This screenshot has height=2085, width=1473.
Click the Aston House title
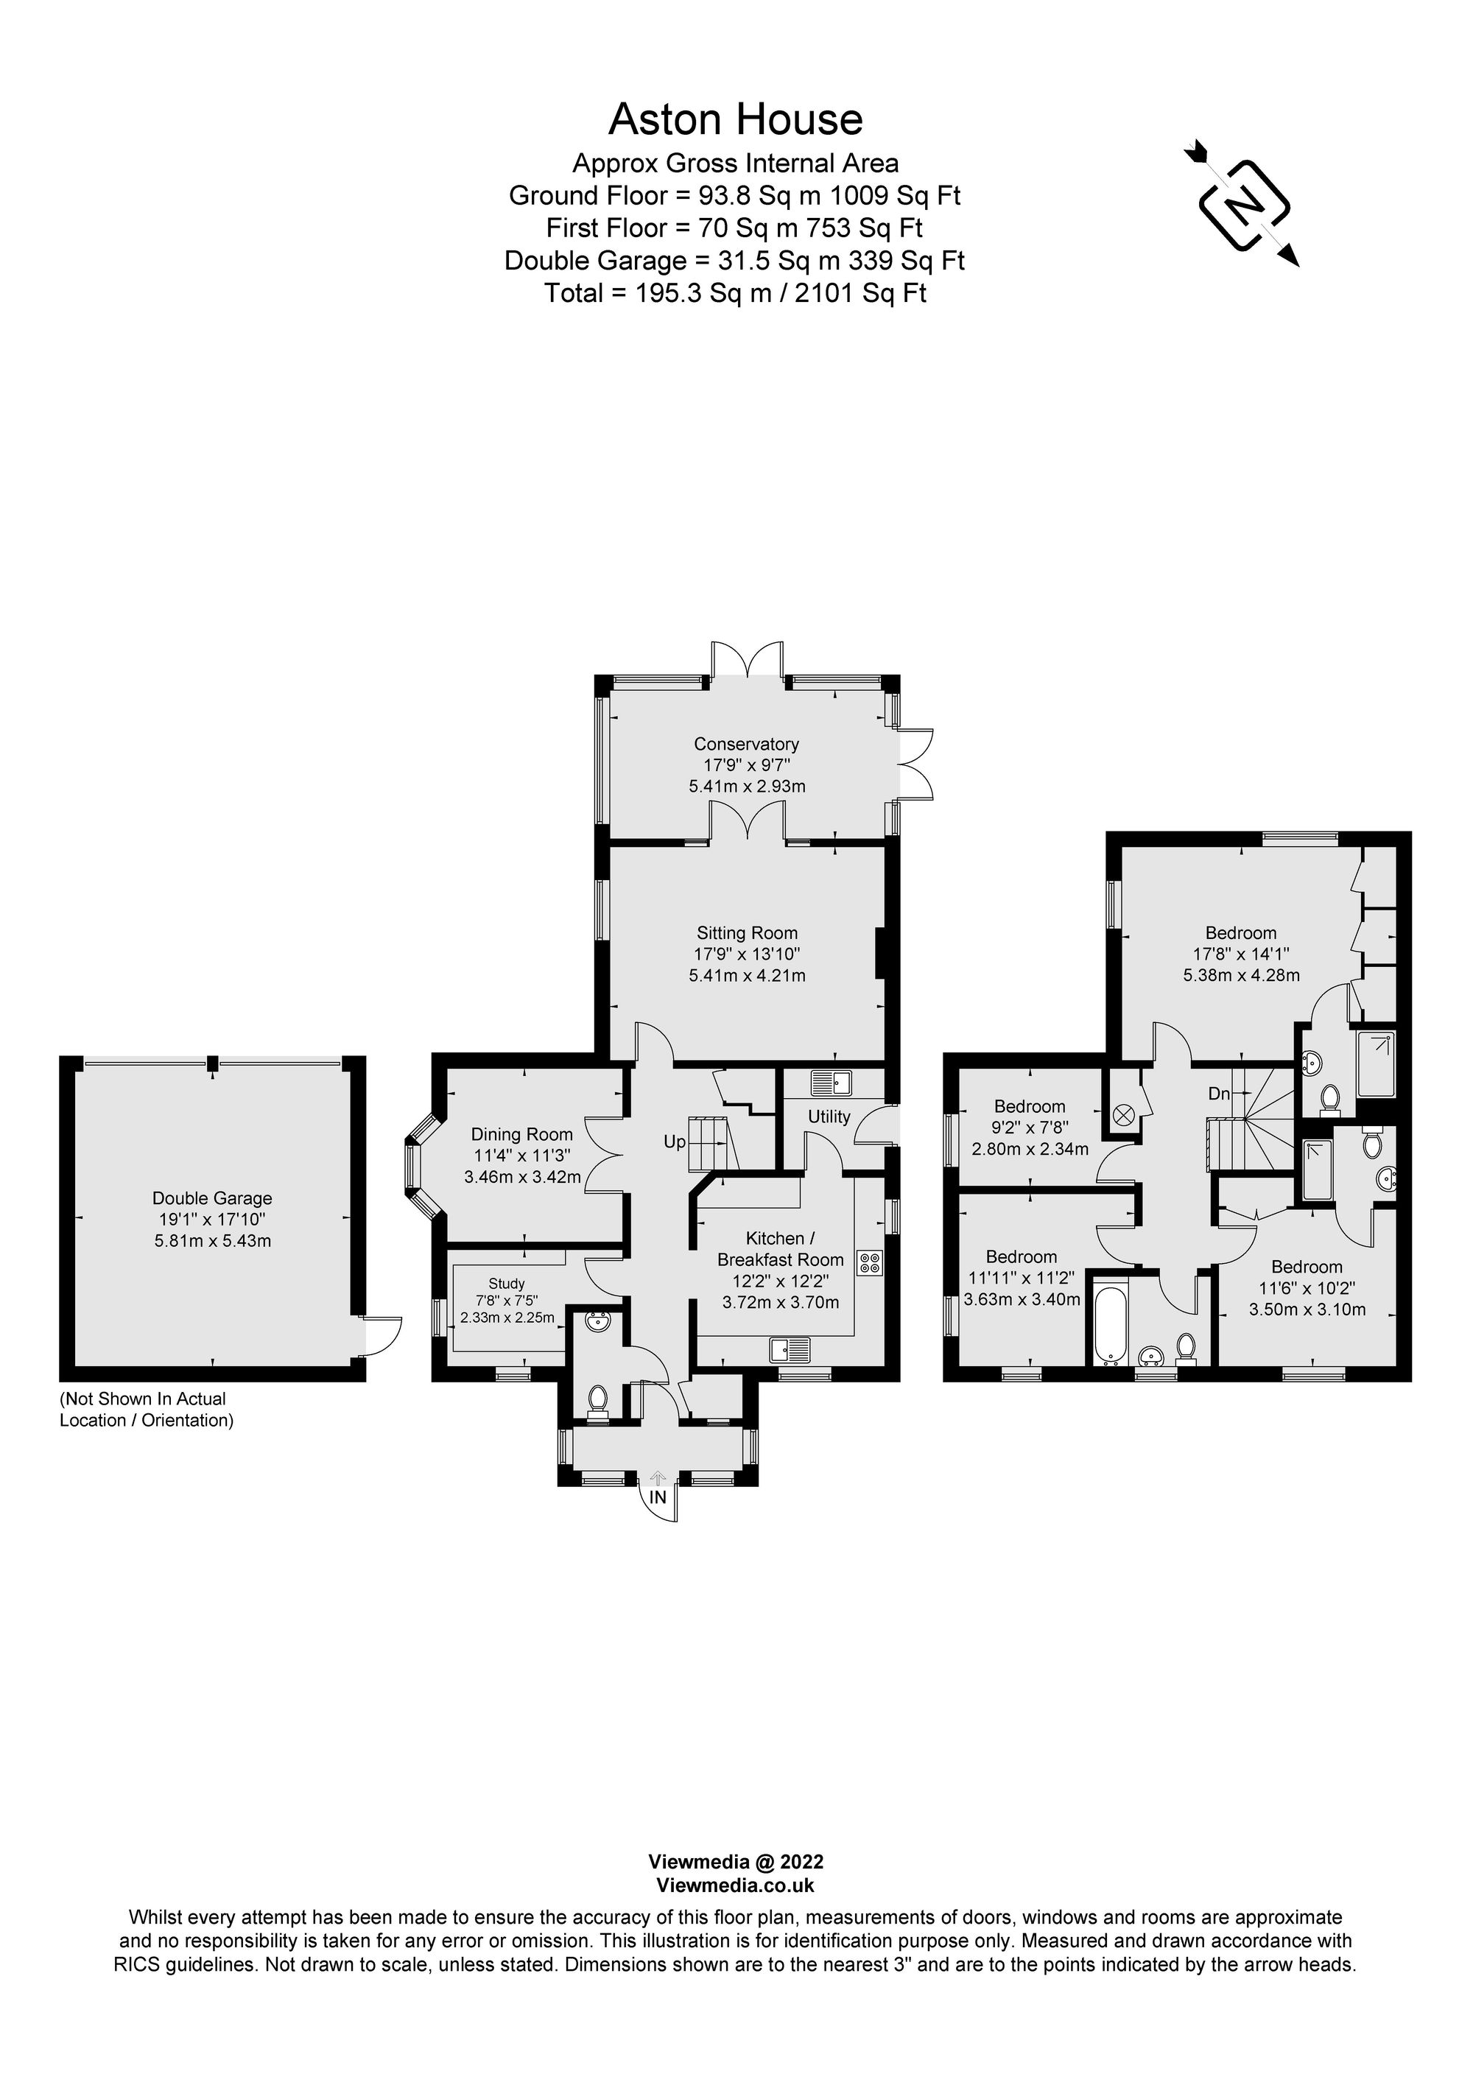coord(735,119)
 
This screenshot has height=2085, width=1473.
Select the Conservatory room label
coord(747,745)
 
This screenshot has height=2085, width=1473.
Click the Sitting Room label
coord(747,932)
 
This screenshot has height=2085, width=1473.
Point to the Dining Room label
coord(521,1134)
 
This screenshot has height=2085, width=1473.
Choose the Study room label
coord(506,1283)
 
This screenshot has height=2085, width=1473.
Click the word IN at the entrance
coord(658,1497)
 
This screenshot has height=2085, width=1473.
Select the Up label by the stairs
coord(675,1142)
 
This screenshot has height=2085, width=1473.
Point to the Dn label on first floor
coord(1219,1094)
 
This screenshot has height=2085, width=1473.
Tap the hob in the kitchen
coord(869,1262)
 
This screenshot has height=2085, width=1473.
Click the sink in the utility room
coord(831,1083)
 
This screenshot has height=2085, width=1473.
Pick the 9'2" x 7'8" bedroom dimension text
coord(1029,1128)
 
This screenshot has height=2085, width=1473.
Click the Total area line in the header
coord(735,293)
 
